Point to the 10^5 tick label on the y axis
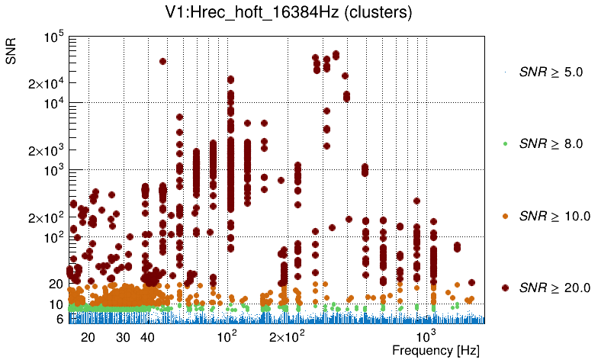(x=53, y=37)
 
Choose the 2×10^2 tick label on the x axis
(x=286, y=336)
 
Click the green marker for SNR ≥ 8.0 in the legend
(x=506, y=143)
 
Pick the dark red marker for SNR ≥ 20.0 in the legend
(x=506, y=288)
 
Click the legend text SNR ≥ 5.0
(x=550, y=72)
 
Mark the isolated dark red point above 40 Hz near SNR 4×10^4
(x=162, y=61)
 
